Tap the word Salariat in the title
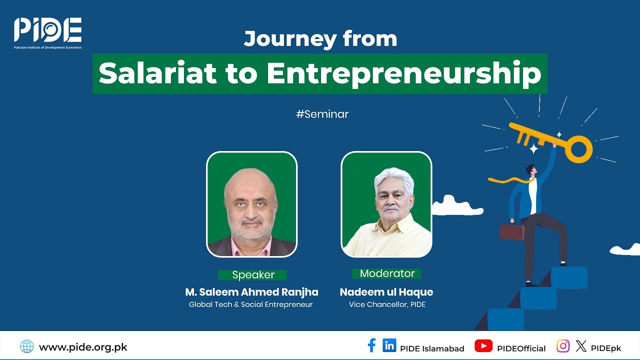[x=157, y=73]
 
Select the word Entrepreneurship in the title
[x=404, y=73]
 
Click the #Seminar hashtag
[x=322, y=114]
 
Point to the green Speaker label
[x=253, y=275]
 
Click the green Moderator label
[x=387, y=273]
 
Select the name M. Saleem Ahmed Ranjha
[x=251, y=292]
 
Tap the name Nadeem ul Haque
[x=386, y=292]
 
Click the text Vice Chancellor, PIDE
[x=387, y=304]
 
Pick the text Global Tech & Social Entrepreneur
[x=250, y=304]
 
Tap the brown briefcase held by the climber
[x=512, y=232]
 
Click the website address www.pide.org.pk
[x=83, y=347]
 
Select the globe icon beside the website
[x=27, y=346]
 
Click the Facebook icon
[x=371, y=345]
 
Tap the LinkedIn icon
[x=389, y=345]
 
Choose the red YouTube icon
[x=483, y=346]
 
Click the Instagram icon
[x=563, y=346]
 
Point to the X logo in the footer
[x=580, y=346]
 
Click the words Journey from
[x=320, y=39]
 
